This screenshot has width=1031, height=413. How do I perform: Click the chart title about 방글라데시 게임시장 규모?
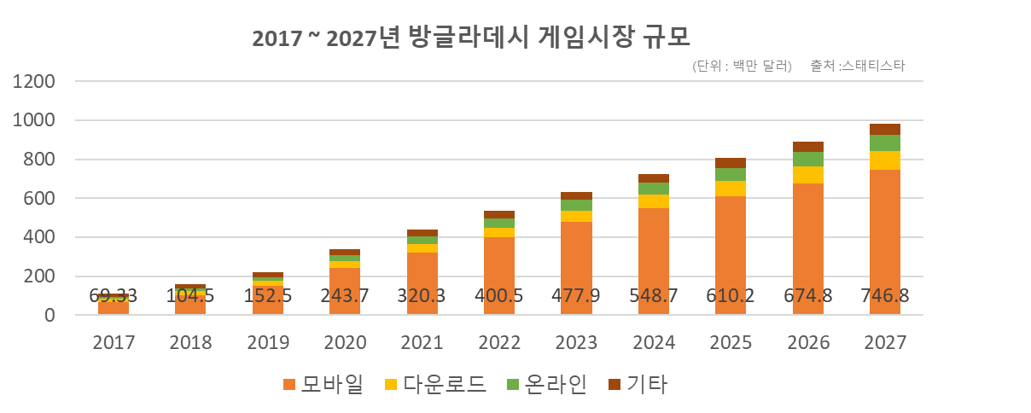471,38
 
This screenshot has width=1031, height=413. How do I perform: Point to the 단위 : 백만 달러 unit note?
743,66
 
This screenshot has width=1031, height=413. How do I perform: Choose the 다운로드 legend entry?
435,385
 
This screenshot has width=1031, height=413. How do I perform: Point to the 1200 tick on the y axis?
34,82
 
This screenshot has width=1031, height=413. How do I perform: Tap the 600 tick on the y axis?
41,199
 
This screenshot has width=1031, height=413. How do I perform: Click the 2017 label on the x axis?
114,342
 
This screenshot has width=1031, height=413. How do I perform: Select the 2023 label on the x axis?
577,342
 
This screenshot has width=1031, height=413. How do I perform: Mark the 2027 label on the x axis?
885,342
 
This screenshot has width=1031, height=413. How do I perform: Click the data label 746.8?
885,295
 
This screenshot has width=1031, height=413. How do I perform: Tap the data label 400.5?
499,295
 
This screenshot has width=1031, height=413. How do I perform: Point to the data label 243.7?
345,295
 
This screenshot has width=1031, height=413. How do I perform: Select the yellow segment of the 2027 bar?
885,160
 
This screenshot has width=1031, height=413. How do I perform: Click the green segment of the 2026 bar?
808,159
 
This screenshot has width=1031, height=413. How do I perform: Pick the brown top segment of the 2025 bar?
731,163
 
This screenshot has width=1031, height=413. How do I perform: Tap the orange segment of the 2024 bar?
654,256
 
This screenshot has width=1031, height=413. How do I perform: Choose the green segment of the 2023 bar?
576,205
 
